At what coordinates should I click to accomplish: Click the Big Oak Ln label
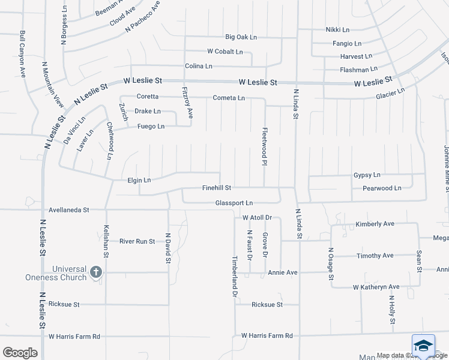tap(241, 37)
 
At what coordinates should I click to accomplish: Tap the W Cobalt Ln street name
tap(225, 52)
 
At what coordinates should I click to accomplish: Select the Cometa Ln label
tap(229, 97)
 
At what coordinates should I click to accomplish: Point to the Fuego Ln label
tap(151, 126)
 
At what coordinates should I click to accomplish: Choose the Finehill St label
tap(217, 188)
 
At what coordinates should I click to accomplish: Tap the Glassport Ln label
tap(234, 203)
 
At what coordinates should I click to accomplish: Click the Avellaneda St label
tap(68, 210)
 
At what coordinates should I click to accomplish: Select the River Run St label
tap(137, 241)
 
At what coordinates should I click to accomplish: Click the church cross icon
tap(95, 273)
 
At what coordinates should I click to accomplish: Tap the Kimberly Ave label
tap(375, 224)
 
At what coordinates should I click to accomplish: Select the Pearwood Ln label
tap(382, 188)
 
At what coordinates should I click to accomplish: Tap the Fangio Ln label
tap(347, 43)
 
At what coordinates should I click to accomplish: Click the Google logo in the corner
tap(20, 353)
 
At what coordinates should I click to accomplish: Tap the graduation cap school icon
tap(423, 347)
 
